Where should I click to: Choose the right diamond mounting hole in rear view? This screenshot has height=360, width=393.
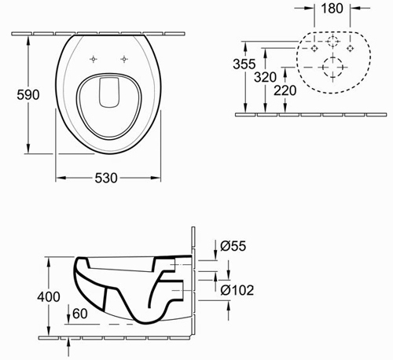click(347, 47)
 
